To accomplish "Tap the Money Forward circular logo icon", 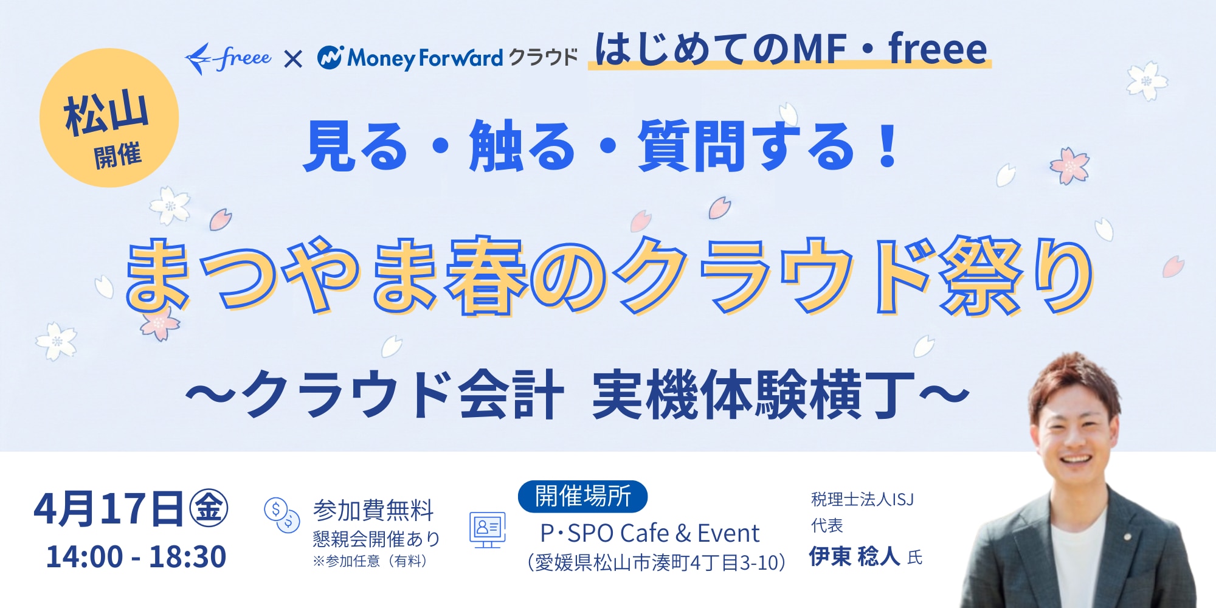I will [x=330, y=58].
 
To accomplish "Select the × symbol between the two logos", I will [x=293, y=59].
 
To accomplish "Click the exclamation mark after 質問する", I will [x=888, y=146].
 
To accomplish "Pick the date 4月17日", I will [x=108, y=510].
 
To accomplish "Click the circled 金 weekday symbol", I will [x=209, y=508].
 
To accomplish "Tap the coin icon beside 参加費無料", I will [x=282, y=514].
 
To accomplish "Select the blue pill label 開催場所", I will [x=582, y=496].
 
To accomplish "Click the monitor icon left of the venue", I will [x=487, y=529].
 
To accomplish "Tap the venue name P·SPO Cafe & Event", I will [x=649, y=534].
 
